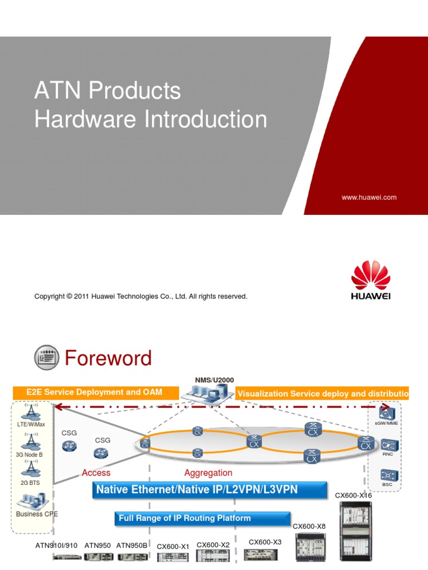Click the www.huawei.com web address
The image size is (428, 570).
pos(368,197)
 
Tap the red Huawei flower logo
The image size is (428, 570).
pos(371,276)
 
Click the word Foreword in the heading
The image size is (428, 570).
pos(108,358)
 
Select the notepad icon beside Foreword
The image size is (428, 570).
pos(46,358)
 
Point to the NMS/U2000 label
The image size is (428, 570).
pos(211,380)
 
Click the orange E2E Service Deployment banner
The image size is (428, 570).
pos(94,392)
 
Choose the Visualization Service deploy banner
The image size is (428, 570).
pos(322,394)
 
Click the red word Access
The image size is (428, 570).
pos(96,473)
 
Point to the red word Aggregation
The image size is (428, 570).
pos(208,473)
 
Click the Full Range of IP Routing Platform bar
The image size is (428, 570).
pos(184,518)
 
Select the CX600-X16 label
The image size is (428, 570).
pos(353,495)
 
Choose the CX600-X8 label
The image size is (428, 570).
pos(309,525)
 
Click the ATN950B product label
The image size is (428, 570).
pos(132,546)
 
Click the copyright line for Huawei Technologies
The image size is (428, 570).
pos(140,297)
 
